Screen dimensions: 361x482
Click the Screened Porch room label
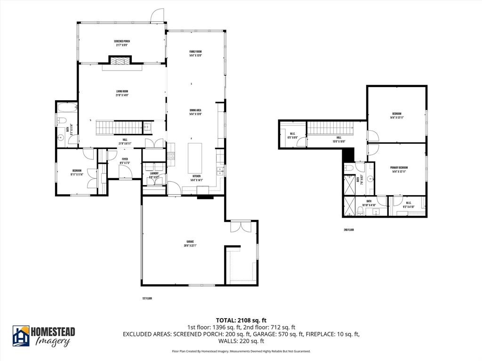pos(121,43)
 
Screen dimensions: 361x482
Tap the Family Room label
pos(195,53)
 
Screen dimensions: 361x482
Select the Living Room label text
pos(122,93)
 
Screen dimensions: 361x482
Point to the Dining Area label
pos(195,112)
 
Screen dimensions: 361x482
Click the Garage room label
pos(190,243)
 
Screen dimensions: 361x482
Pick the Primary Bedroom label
pos(399,170)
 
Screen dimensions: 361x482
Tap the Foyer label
pos(125,161)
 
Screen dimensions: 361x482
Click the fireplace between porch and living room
pos(120,61)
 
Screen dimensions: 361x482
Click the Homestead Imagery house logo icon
pos(21,336)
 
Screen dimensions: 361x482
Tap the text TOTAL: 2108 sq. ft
pos(241,320)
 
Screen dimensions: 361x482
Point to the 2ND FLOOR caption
pos(348,230)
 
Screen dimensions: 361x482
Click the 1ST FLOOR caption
pos(147,298)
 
